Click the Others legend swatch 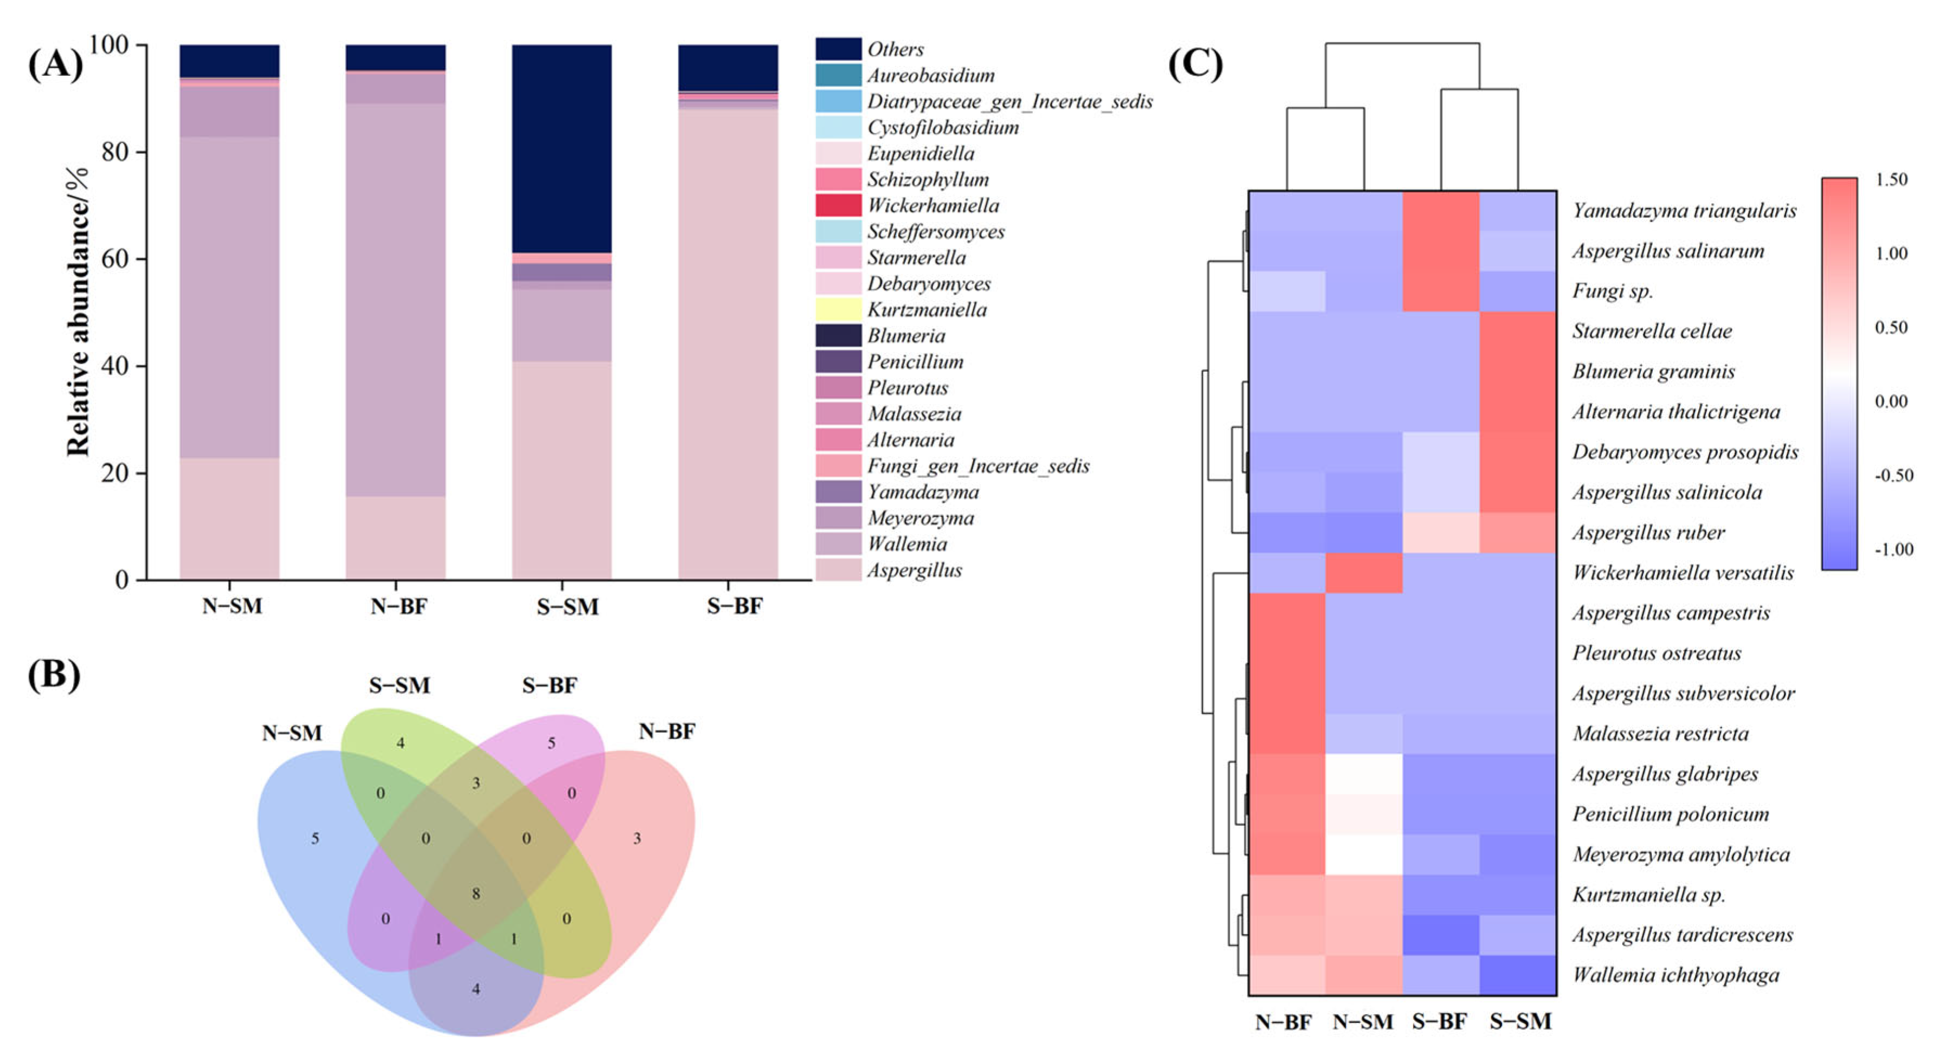pyautogui.click(x=838, y=49)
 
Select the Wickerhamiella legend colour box pyautogui.click(x=838, y=205)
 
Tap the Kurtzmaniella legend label pyautogui.click(x=927, y=309)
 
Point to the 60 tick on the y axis pyautogui.click(x=114, y=259)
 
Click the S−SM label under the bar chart pyautogui.click(x=567, y=607)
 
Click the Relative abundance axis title pyautogui.click(x=77, y=311)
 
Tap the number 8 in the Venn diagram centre pyautogui.click(x=476, y=894)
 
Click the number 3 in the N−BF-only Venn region pyautogui.click(x=637, y=838)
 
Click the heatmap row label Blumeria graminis pyautogui.click(x=1653, y=372)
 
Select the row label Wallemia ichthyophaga pyautogui.click(x=1676, y=975)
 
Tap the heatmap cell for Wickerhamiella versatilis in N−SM pyautogui.click(x=1363, y=573)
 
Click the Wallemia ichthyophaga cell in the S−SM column pyautogui.click(x=1517, y=975)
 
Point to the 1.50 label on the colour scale pyautogui.click(x=1891, y=179)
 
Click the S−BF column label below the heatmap pyautogui.click(x=1439, y=1022)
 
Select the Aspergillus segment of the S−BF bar pyautogui.click(x=728, y=345)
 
